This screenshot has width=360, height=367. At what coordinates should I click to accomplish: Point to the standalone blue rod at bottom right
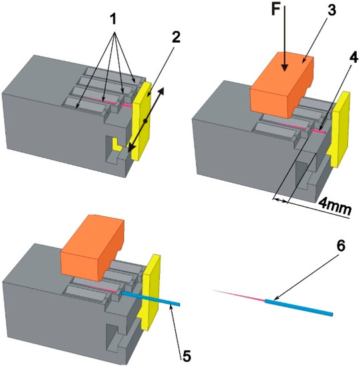pyautogui.click(x=300, y=306)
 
